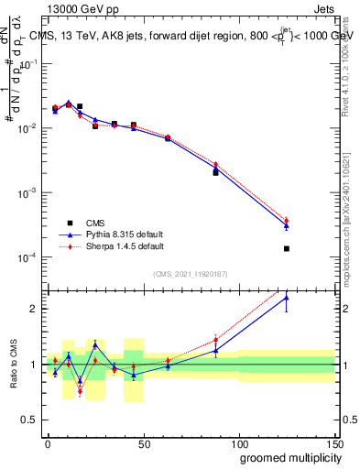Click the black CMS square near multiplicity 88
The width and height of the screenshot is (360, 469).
pos(215,172)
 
